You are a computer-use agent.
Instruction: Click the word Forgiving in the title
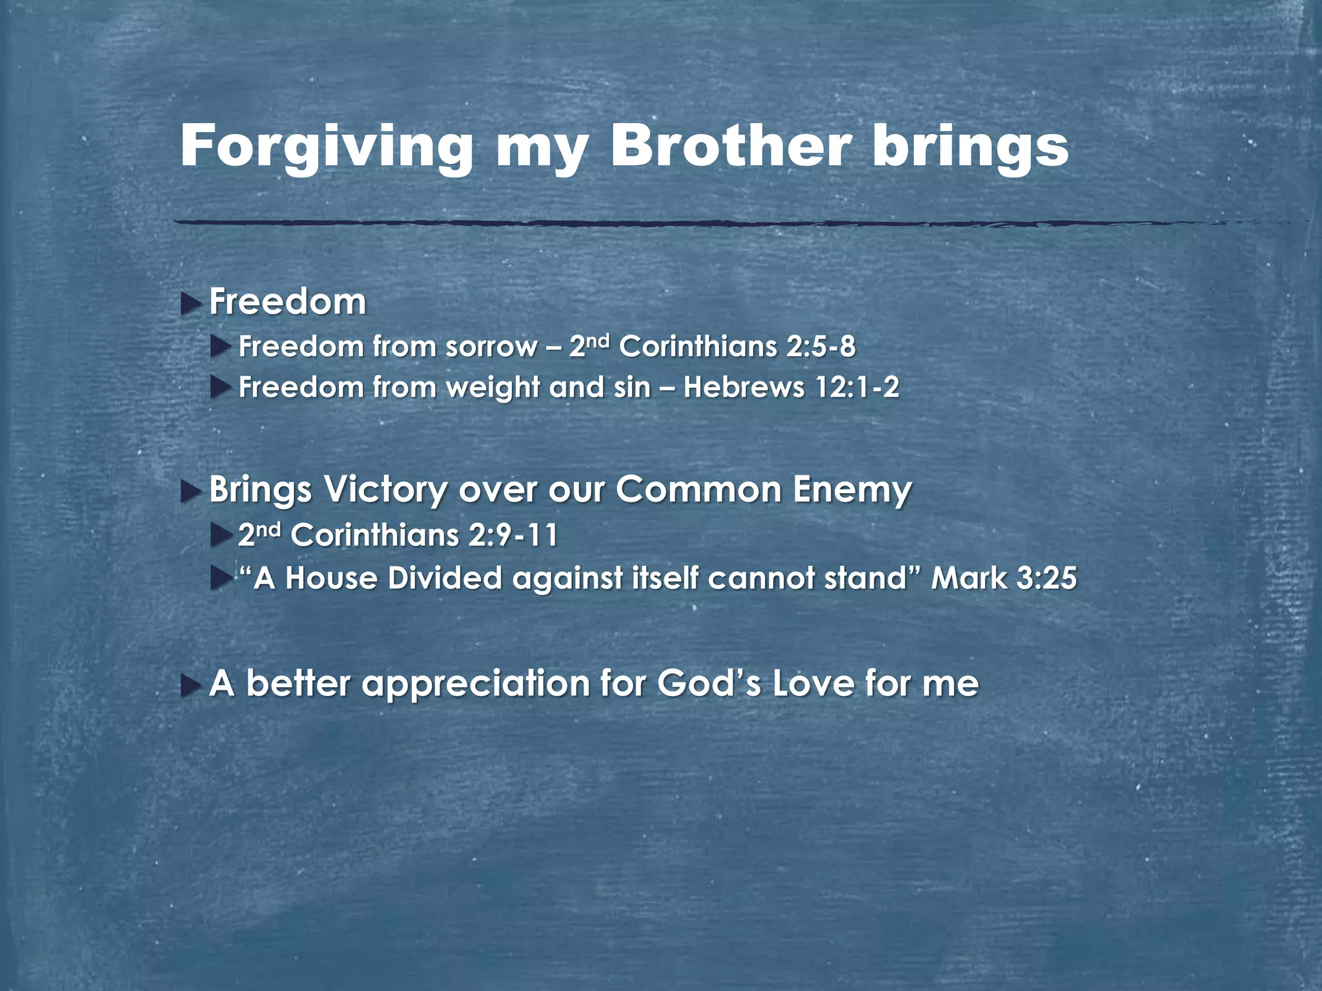326,147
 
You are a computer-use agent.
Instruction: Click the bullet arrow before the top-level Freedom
190,303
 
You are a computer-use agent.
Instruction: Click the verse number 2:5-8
820,347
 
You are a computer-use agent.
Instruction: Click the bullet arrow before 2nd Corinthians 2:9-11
220,536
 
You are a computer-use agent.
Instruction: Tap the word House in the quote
330,578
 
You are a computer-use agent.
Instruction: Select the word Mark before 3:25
968,578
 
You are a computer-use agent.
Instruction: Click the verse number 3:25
1046,578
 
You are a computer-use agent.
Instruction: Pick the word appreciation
475,684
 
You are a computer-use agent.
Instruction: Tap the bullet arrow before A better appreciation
190,686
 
